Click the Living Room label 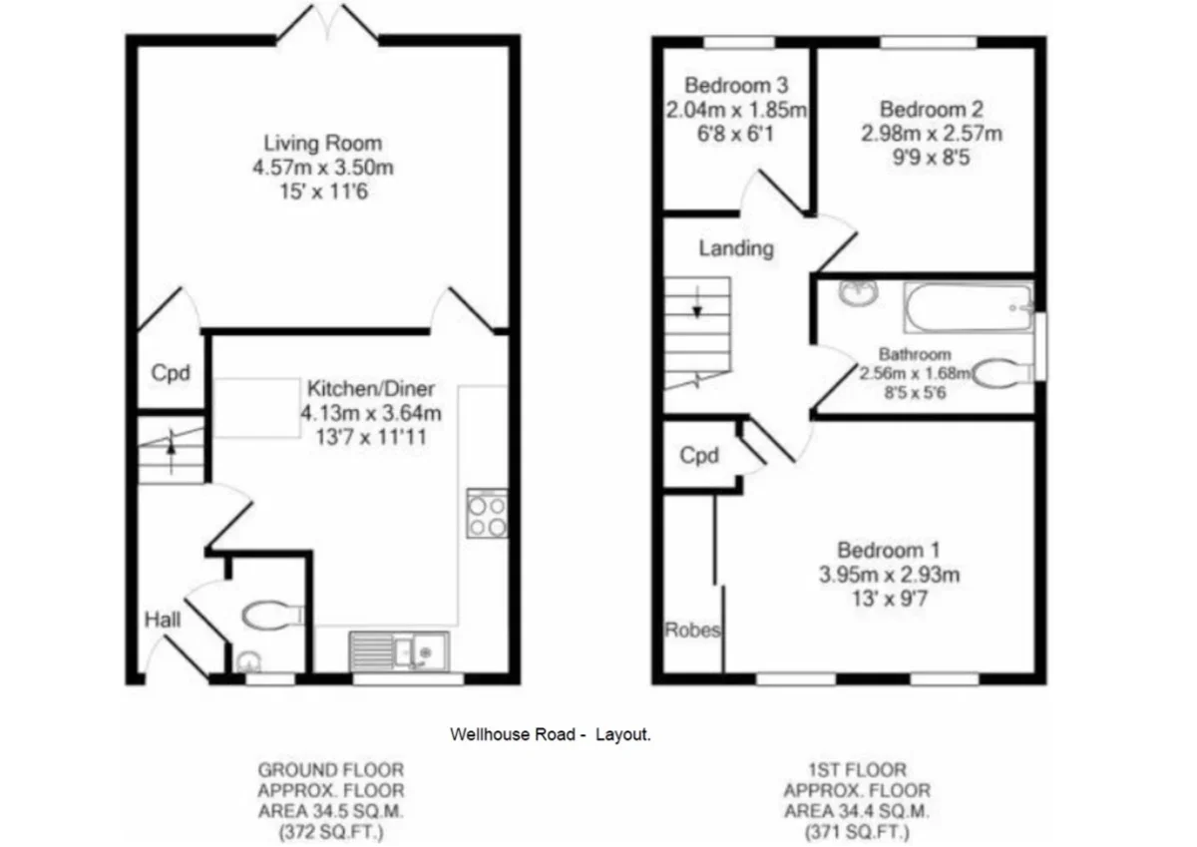(x=323, y=144)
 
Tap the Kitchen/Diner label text (x=371, y=388)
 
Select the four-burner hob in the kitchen (x=487, y=513)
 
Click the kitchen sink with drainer (x=399, y=651)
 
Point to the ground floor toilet (x=273, y=617)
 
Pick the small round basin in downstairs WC (x=248, y=661)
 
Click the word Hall (x=163, y=620)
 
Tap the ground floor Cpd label (x=171, y=372)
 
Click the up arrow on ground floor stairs (x=171, y=452)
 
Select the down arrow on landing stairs (x=697, y=302)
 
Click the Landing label (x=736, y=248)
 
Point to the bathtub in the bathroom (x=969, y=308)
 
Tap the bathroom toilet (x=1001, y=373)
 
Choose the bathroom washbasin (x=858, y=293)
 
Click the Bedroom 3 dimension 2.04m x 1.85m (x=736, y=110)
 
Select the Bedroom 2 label (x=932, y=110)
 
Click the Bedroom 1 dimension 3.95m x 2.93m (x=889, y=575)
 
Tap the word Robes (x=692, y=631)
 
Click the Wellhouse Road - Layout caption (x=551, y=734)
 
